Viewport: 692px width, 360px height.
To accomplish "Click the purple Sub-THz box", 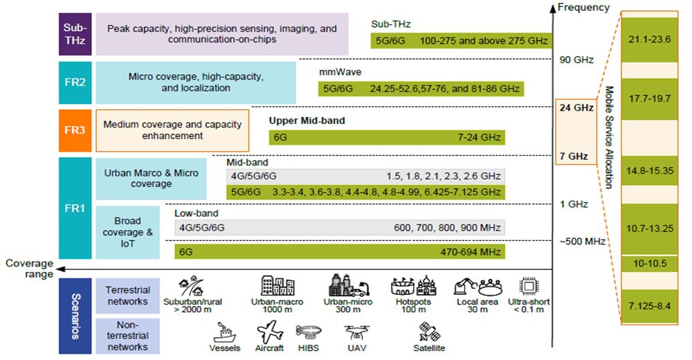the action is tap(75, 34).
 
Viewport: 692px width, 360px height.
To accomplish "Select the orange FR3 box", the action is tap(75, 130).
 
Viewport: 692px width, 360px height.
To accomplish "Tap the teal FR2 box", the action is tap(75, 82).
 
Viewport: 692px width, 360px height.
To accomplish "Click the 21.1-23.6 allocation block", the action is tap(649, 39).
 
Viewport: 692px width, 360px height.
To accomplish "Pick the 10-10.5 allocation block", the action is tap(649, 264).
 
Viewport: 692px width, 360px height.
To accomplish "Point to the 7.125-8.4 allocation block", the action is tap(649, 306).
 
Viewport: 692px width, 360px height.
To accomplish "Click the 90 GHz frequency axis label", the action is tap(576, 60).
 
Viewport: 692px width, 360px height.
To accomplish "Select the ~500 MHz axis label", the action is tap(582, 242).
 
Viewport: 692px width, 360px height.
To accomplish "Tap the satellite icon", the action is tap(429, 332).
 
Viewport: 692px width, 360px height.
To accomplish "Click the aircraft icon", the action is tap(270, 332).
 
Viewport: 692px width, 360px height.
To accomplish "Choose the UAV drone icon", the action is tap(356, 332).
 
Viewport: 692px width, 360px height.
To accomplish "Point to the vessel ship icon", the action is tap(225, 332).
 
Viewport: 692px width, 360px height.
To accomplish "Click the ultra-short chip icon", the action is tap(528, 287).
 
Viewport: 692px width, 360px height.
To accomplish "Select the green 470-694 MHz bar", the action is tap(340, 252).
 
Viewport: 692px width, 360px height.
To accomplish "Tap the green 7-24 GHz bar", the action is tap(387, 137).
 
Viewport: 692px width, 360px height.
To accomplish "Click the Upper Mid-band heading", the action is tap(307, 120).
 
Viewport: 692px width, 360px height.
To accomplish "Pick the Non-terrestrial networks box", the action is tap(127, 336).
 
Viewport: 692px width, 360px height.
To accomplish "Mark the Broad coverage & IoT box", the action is tap(127, 233).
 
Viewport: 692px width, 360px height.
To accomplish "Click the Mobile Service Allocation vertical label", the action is tap(609, 137).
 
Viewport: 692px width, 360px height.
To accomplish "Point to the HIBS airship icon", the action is tap(309, 332).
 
